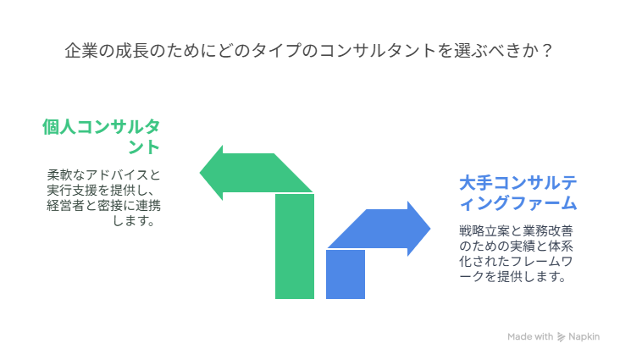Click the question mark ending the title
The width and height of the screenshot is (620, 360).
(547, 51)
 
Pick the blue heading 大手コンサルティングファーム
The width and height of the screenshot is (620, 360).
(518, 193)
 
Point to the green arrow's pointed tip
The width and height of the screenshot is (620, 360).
(200, 173)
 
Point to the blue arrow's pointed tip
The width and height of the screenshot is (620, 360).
(430, 228)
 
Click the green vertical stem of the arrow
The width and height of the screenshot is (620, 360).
(295, 246)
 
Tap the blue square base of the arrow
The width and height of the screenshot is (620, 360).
(346, 274)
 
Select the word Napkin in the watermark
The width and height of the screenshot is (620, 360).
(584, 336)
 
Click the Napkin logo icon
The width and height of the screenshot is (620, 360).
(561, 337)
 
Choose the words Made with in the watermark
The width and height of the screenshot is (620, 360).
(530, 336)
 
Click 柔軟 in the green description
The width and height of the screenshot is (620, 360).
(59, 174)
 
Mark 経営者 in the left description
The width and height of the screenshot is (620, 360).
(65, 206)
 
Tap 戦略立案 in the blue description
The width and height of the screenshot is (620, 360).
(484, 230)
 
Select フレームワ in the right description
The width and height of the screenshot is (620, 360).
(541, 262)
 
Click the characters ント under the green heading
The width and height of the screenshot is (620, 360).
(144, 147)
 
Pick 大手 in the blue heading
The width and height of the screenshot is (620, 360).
(476, 183)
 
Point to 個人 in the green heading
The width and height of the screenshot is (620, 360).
(59, 127)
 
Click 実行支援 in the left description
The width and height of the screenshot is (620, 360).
(72, 191)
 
